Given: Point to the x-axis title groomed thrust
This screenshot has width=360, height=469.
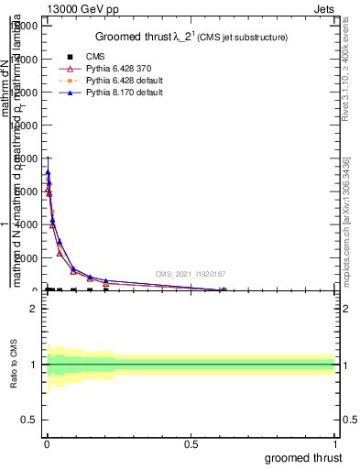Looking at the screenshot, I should click(x=303, y=457).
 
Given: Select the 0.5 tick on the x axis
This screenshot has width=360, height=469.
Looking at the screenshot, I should click(x=191, y=443).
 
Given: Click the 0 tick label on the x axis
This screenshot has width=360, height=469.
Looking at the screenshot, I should click(x=47, y=443).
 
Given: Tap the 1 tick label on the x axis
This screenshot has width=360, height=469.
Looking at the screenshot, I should click(x=335, y=443).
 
